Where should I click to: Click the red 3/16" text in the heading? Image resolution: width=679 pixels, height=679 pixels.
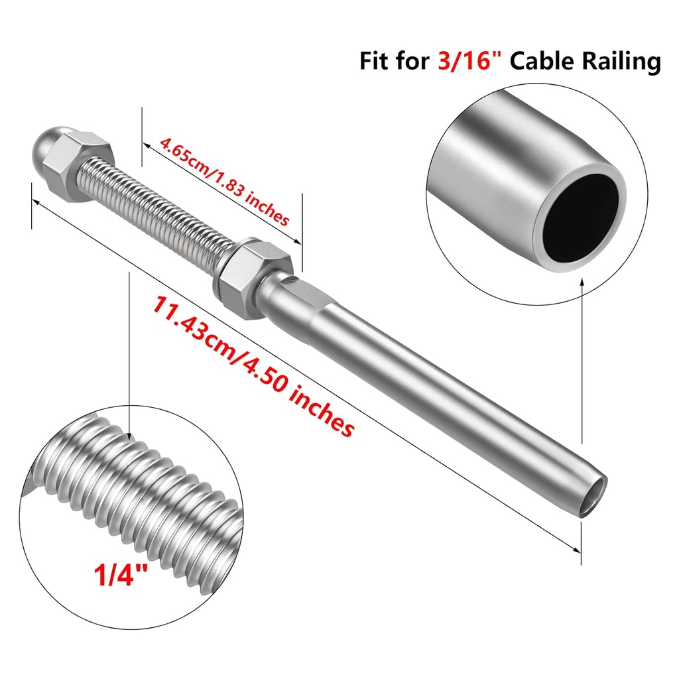(468, 61)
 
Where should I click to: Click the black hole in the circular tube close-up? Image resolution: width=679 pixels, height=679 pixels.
(583, 216)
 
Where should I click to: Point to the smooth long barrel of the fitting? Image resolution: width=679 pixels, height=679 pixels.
(451, 404)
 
